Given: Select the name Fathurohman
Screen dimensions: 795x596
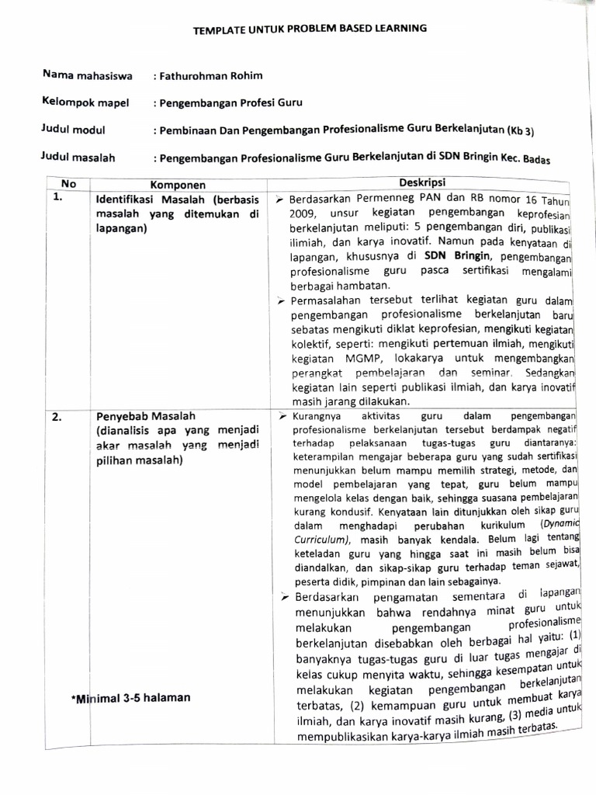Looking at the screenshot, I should (190, 76).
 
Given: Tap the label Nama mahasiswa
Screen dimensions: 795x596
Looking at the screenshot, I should (88, 76).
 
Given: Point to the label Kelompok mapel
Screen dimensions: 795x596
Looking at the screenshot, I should (86, 102).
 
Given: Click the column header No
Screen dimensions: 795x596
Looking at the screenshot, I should (68, 185).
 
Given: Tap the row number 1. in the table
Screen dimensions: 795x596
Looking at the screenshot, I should (57, 197).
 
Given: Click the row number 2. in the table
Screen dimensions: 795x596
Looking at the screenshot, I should (57, 417).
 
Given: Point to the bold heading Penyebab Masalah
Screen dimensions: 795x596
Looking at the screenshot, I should (145, 417).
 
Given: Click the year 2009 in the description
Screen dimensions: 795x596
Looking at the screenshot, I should (306, 214).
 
